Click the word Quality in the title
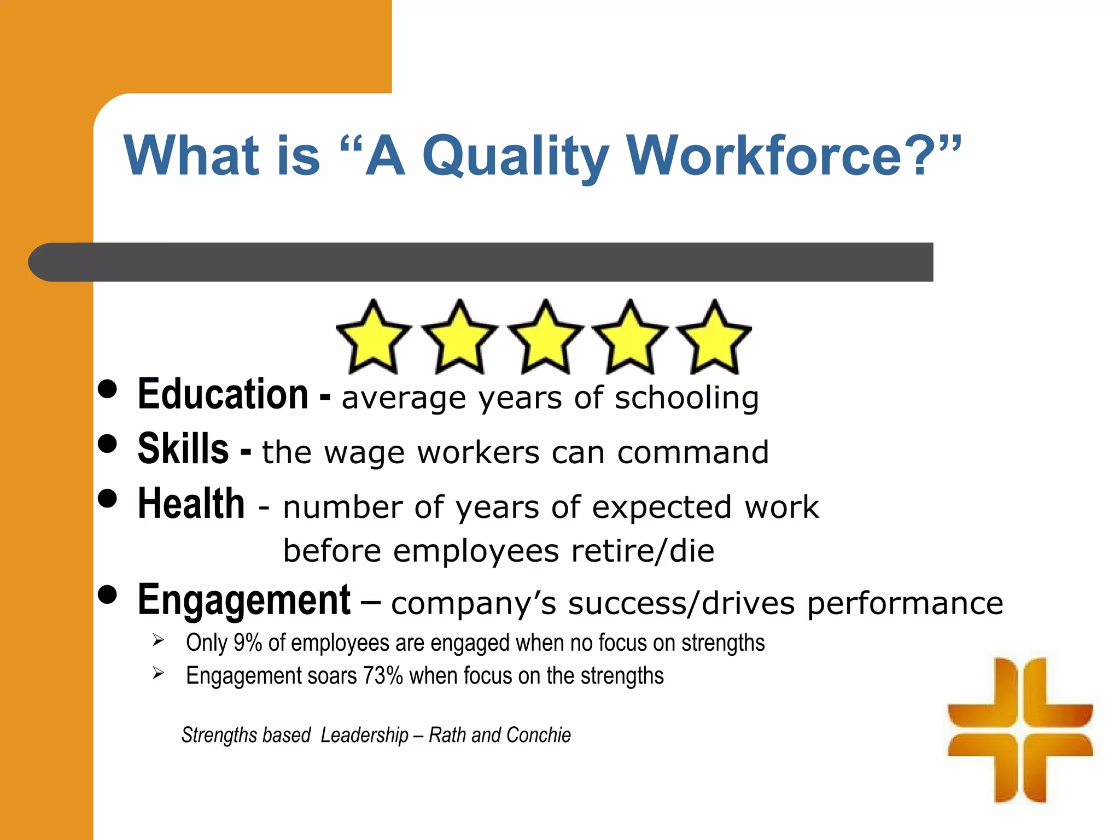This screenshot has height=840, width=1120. [515, 157]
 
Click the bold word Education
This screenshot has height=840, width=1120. [223, 394]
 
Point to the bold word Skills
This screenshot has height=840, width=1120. [183, 449]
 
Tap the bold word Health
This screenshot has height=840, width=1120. [191, 504]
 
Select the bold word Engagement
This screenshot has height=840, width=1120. [244, 600]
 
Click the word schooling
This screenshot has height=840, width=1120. [687, 398]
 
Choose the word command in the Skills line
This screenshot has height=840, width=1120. [693, 453]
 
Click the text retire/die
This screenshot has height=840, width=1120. [643, 551]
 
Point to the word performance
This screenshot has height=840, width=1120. [905, 603]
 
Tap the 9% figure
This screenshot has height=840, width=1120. [248, 643]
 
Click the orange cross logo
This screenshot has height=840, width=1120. [1020, 730]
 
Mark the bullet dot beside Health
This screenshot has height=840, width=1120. [108, 498]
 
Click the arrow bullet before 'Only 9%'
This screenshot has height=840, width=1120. [159, 640]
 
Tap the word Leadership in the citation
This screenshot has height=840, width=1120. [365, 736]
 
